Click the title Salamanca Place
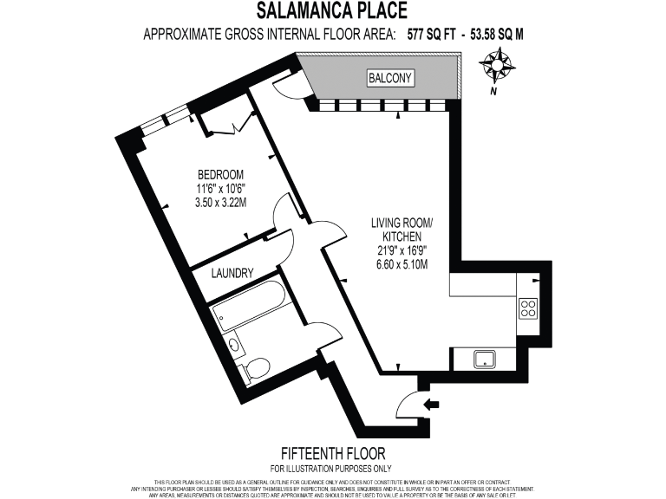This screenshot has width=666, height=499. [x=333, y=11]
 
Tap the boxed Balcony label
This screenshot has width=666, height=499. [x=390, y=79]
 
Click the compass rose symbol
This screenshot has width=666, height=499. [x=499, y=64]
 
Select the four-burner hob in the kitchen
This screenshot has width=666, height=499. [x=527, y=308]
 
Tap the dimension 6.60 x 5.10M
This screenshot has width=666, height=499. [x=402, y=264]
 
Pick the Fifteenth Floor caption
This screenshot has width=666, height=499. [x=333, y=453]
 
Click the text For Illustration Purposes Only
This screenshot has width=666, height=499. [x=333, y=468]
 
